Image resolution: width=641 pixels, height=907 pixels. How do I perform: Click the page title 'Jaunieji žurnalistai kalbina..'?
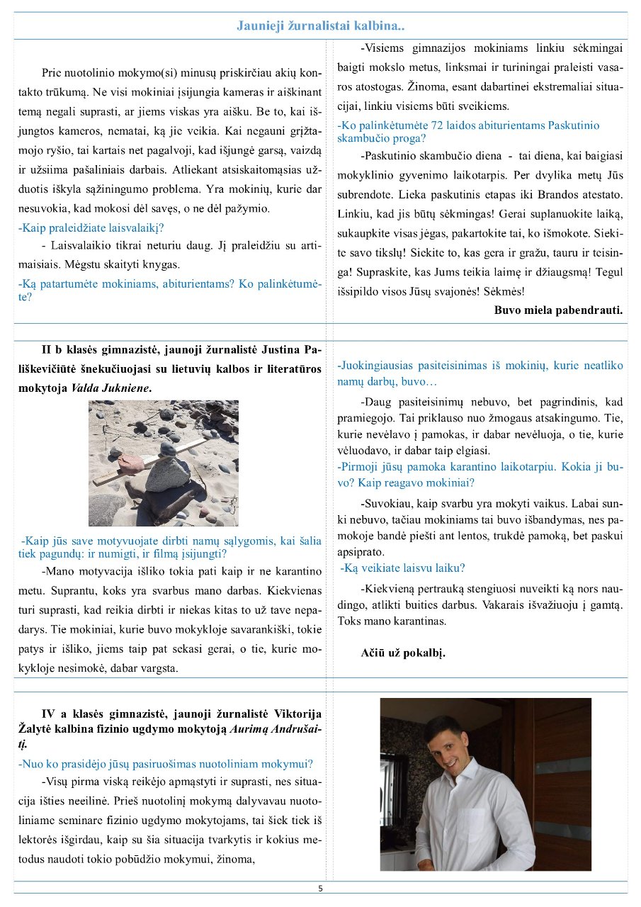coord(320,26)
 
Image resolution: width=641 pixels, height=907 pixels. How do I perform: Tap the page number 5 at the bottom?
coord(320,888)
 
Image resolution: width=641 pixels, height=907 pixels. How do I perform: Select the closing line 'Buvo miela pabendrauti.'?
coord(558,310)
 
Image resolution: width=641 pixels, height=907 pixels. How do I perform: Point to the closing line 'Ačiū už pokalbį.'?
coord(403,653)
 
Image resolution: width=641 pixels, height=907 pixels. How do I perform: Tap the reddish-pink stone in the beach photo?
coord(130,463)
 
